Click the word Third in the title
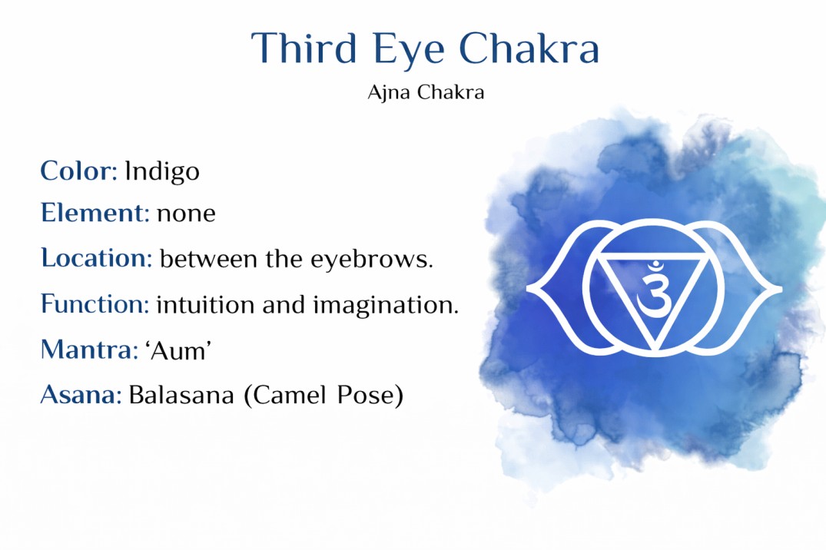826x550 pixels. click(x=304, y=48)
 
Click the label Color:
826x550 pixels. click(x=78, y=171)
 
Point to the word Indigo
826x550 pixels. click(x=162, y=171)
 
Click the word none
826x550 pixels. click(x=186, y=214)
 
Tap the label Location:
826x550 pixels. click(x=97, y=258)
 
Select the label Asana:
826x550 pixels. click(x=81, y=396)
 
